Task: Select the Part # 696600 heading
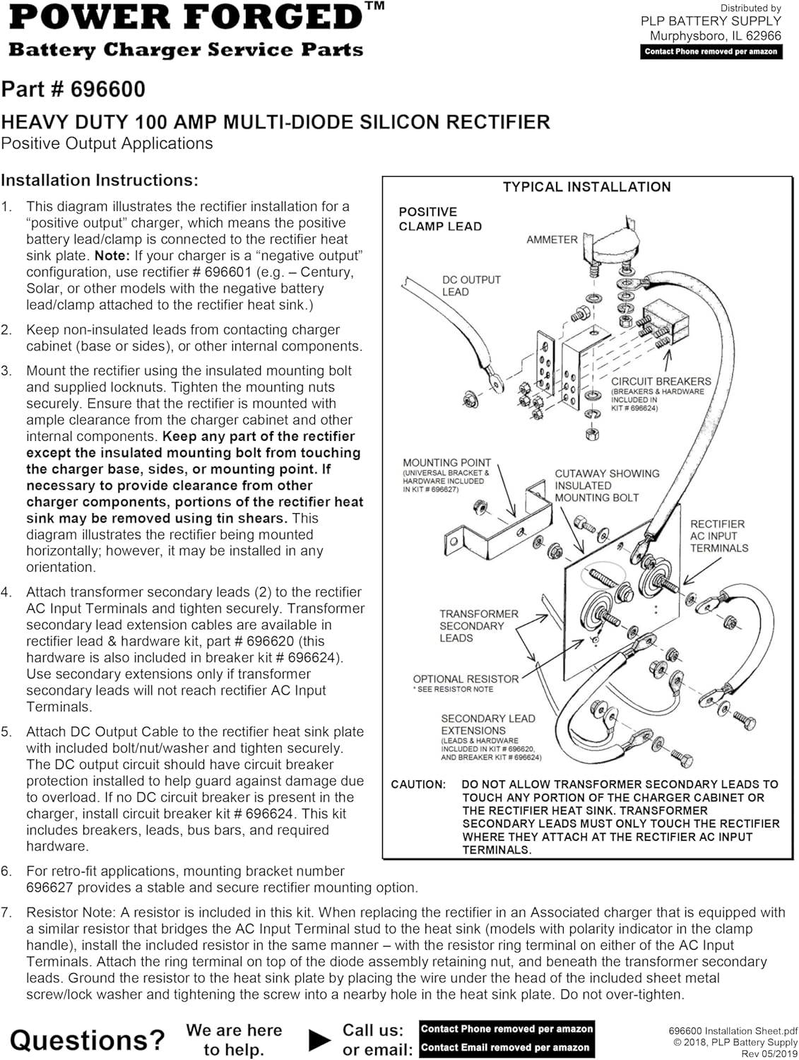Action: [73, 90]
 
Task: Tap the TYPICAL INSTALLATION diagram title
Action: [586, 187]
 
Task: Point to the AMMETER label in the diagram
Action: [552, 240]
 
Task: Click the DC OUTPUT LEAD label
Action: [470, 285]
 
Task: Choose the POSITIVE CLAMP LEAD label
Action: [440, 219]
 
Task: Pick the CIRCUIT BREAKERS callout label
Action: [661, 382]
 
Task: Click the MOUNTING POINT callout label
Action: [446, 463]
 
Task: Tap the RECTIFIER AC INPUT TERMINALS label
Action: [718, 536]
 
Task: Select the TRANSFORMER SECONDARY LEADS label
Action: [478, 626]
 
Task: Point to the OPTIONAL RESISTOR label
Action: [466, 679]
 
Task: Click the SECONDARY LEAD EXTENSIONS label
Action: [487, 724]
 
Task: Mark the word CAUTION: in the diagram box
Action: [418, 784]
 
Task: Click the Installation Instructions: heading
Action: [100, 181]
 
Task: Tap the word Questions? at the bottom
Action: [87, 1040]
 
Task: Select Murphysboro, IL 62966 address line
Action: [715, 36]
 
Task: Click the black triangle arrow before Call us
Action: [320, 1040]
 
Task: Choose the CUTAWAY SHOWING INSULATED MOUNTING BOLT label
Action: [606, 485]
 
